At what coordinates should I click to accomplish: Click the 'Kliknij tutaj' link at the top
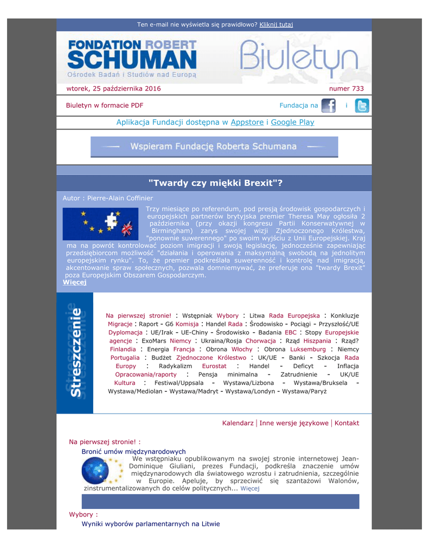[x=276, y=24]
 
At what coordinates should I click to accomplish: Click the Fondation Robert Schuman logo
[x=132, y=57]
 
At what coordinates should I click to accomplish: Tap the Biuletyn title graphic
[x=299, y=57]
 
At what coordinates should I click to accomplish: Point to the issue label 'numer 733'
[x=347, y=88]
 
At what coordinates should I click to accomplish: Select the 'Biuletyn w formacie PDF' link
[x=105, y=106]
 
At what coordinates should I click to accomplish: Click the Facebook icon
[x=328, y=106]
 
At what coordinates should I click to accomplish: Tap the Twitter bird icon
[x=362, y=106]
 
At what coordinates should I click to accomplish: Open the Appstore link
[x=247, y=122]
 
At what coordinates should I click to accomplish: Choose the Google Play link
[x=292, y=122]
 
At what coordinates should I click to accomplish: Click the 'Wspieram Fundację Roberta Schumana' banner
[x=214, y=146]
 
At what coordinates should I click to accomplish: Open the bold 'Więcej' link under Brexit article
[x=74, y=282]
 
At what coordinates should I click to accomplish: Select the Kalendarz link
[x=238, y=423]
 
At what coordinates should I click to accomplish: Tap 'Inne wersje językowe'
[x=294, y=423]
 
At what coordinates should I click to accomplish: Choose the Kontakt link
[x=347, y=423]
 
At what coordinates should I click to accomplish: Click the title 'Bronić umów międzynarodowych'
[x=133, y=451]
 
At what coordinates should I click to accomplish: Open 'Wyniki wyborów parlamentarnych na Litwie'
[x=151, y=524]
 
